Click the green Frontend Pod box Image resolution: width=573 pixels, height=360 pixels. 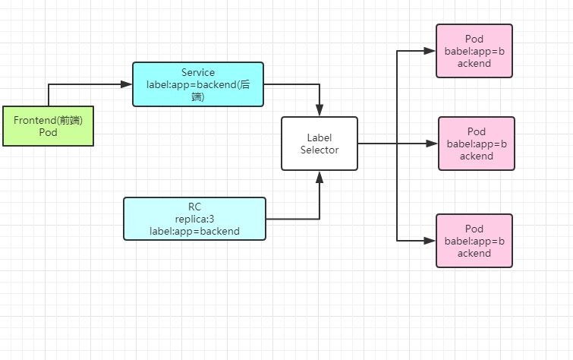coord(48,126)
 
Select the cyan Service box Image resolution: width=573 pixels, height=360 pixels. coord(198,84)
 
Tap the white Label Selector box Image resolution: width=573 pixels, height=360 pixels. coord(320,144)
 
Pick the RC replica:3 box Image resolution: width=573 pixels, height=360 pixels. coord(195,219)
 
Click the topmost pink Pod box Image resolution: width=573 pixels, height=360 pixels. coord(474,51)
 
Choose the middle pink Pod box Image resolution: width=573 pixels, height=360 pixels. coord(477,144)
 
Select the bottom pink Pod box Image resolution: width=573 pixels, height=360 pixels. coord(474,241)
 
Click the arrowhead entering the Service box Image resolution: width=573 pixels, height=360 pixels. coord(127,84)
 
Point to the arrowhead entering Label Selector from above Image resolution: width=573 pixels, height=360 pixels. coord(320,111)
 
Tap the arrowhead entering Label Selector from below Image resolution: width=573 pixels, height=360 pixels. coord(320,177)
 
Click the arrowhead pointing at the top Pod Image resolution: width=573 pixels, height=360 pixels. coord(430,51)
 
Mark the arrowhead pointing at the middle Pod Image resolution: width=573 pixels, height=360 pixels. coord(432,144)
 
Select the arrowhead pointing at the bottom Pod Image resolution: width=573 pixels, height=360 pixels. coord(430,241)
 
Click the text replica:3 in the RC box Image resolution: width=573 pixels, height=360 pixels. coord(195,219)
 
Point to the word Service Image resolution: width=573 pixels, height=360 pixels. coord(198,72)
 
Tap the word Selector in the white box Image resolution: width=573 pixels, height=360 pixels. coord(320,150)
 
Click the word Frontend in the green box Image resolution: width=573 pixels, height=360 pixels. coord(34,120)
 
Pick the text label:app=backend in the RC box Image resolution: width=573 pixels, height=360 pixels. coord(195,231)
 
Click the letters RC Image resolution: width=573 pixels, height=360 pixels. coord(195,207)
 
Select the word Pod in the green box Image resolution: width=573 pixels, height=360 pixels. coord(48,132)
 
